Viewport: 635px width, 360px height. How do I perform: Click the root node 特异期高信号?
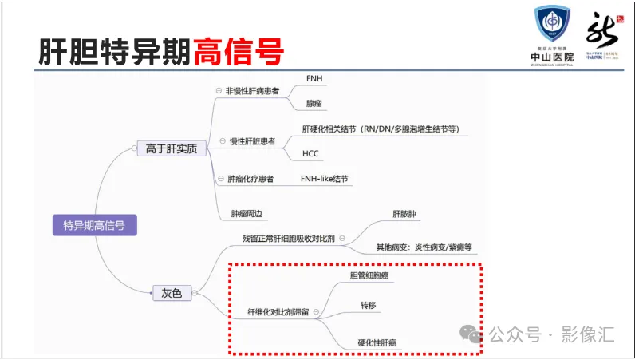pos(94,226)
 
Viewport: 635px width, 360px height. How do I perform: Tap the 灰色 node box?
pos(172,293)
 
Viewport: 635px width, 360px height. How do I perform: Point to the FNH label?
pos(314,80)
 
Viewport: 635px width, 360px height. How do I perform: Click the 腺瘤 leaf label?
pos(314,104)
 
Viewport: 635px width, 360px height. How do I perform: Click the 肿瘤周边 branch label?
pos(247,213)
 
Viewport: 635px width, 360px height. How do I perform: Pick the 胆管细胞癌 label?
pos(369,276)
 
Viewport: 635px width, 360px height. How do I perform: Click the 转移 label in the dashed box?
pos(367,305)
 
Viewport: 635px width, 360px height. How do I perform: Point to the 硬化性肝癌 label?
pos(377,342)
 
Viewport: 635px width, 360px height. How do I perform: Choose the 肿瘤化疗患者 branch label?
pos(250,179)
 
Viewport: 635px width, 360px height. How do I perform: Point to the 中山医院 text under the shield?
pos(553,57)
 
